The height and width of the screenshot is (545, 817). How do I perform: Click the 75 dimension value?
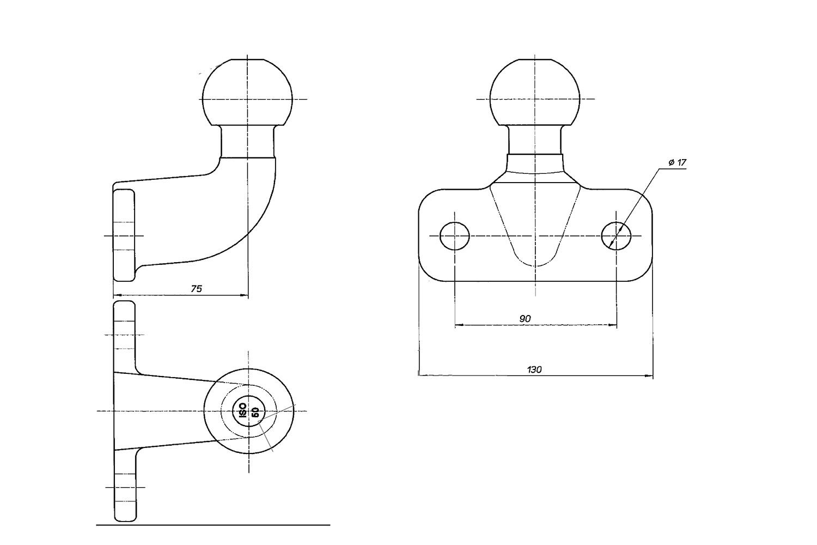coord(196,289)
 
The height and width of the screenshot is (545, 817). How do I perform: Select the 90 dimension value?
coord(525,319)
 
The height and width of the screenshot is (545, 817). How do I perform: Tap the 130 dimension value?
coord(534,370)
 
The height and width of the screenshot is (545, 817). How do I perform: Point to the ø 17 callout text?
coord(678,163)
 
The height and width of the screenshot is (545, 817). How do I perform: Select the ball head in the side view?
coord(248,92)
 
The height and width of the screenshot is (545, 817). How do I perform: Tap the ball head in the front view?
coord(535,92)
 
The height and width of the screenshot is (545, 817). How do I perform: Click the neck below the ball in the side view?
coord(248,142)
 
